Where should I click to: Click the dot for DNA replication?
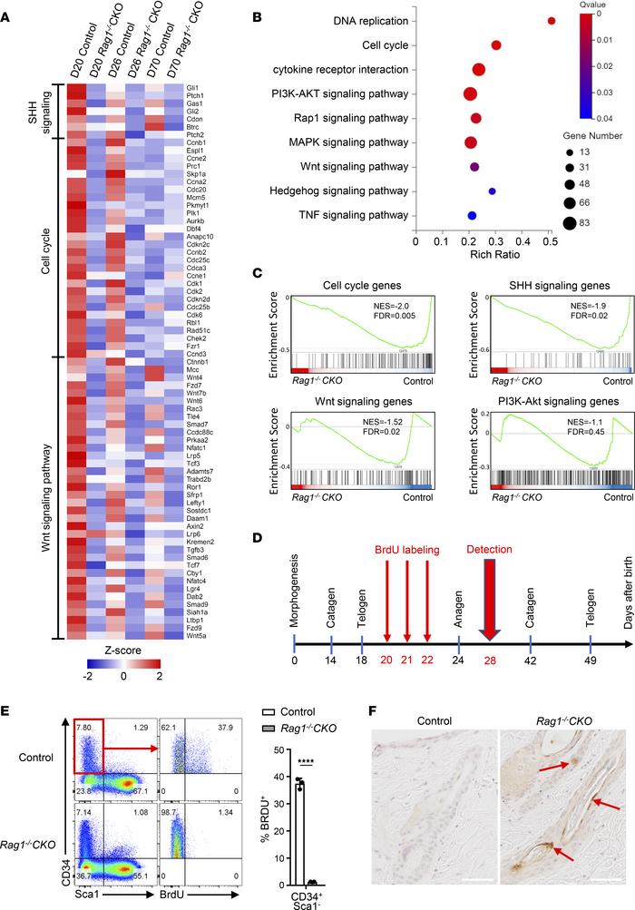point(551,20)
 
